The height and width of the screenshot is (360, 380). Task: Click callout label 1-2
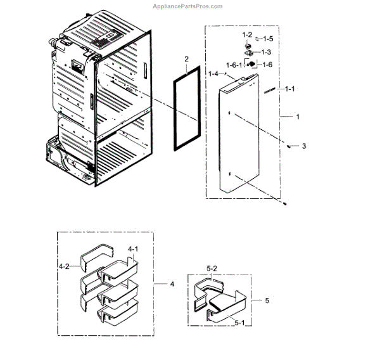click(247, 34)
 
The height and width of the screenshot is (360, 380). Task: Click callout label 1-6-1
click(234, 65)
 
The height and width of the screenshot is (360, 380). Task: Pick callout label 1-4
click(213, 74)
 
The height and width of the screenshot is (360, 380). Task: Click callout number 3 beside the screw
click(303, 146)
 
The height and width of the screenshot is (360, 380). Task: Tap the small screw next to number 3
click(289, 145)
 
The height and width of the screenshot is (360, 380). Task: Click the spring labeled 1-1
click(269, 90)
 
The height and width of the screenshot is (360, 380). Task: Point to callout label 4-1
click(134, 249)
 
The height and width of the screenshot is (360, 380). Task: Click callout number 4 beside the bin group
click(172, 283)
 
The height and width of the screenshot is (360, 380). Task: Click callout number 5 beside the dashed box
click(267, 300)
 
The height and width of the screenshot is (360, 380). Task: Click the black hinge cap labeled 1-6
click(251, 63)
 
